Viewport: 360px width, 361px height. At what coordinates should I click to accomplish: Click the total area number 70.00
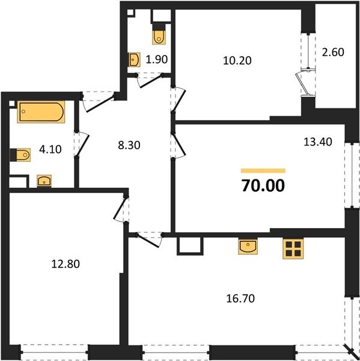263,185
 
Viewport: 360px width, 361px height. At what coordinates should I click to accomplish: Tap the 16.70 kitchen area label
240,298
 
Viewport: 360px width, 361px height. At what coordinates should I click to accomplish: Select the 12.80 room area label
66,264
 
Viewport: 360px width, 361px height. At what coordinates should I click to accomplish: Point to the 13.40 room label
318,142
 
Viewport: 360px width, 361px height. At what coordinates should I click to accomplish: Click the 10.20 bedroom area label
237,61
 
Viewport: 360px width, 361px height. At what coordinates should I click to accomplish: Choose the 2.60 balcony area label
333,52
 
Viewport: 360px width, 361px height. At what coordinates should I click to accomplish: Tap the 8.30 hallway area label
129,145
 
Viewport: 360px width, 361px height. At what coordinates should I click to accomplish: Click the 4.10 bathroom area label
50,149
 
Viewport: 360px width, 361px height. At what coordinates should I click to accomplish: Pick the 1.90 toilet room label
157,60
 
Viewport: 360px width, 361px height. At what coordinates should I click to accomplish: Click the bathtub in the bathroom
41,112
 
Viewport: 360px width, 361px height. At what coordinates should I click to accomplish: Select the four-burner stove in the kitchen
293,248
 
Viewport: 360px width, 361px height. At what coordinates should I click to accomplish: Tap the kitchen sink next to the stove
248,247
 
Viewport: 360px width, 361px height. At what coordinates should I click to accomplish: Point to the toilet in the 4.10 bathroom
20,155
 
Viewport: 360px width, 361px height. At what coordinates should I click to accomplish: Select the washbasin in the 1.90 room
134,60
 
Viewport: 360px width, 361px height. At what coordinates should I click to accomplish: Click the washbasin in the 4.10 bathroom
44,180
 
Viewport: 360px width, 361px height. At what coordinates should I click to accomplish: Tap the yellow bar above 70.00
263,171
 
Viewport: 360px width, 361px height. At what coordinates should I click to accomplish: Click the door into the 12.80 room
120,208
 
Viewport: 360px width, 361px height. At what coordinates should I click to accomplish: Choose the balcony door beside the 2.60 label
302,84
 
